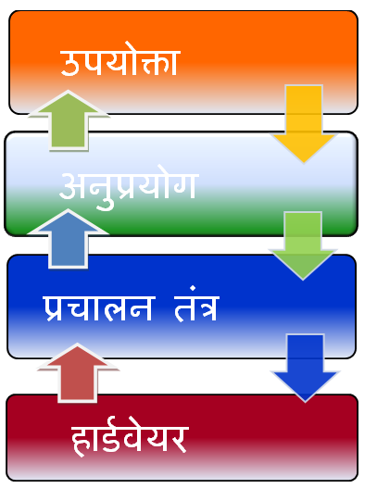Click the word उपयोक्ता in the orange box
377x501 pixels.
(119, 60)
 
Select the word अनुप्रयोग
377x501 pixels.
(129, 188)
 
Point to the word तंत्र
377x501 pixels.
(196, 304)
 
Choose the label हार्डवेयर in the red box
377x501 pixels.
(130, 440)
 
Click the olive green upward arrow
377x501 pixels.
(69, 120)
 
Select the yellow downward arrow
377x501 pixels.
(304, 123)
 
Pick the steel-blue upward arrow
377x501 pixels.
(68, 239)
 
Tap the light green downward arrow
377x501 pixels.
(303, 245)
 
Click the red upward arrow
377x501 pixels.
(77, 373)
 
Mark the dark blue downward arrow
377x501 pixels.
(305, 368)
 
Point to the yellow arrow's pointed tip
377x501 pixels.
(304, 162)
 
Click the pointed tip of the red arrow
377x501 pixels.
(77, 344)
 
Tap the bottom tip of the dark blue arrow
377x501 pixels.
(305, 401)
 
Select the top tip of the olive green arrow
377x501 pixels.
(68, 91)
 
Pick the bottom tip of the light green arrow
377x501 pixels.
(303, 280)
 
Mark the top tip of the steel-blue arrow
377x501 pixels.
(68, 210)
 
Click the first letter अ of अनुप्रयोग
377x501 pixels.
(72, 186)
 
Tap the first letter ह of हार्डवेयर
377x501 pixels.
(81, 441)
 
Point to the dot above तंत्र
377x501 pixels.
(193, 288)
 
